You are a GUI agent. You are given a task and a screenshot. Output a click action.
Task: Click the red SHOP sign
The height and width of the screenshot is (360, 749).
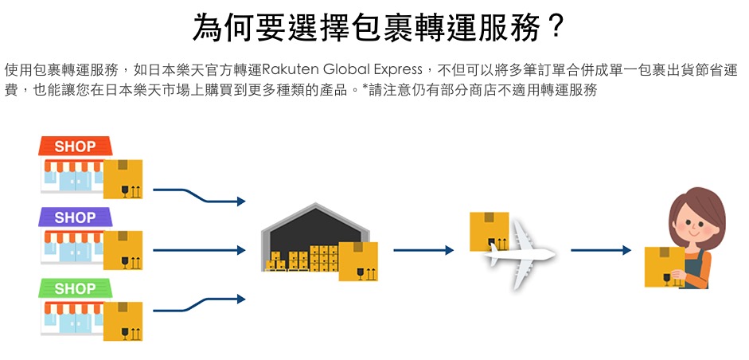(75, 147)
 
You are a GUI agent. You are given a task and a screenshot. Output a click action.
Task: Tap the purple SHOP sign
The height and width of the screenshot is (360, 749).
(75, 217)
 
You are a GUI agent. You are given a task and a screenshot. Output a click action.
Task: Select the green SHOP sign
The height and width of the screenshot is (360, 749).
(75, 288)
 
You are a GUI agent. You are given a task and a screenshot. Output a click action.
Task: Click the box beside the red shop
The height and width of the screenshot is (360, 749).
(123, 178)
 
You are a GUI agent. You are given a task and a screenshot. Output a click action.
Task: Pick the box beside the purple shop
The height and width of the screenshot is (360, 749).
(123, 249)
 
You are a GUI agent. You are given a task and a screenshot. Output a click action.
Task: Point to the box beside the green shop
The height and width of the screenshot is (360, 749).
(123, 321)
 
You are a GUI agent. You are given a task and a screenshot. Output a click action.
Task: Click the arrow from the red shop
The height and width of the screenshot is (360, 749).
(199, 196)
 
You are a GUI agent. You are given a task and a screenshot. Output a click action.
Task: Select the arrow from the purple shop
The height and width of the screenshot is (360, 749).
(199, 250)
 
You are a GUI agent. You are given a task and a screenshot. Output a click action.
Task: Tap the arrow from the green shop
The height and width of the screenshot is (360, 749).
(199, 304)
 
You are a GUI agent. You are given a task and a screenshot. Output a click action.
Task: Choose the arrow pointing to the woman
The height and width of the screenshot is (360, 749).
(601, 250)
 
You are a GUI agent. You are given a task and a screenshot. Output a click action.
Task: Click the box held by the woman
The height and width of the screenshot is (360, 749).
(664, 266)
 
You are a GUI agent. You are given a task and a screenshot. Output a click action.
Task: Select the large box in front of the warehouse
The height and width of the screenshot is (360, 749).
(358, 261)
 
